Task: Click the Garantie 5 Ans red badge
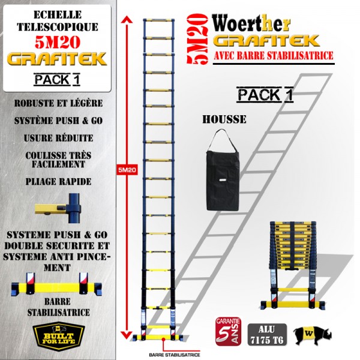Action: (228, 331)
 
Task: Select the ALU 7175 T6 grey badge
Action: (267, 334)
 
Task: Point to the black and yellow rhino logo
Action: (312, 335)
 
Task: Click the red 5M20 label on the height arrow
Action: (127, 170)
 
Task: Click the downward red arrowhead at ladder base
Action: (127, 335)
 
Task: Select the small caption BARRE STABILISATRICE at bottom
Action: (175, 355)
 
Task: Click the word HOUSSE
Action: (224, 119)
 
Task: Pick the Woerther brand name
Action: (251, 23)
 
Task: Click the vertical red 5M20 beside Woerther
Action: (197, 38)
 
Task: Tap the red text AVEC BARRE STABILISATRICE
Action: (274, 56)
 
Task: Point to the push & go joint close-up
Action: (58, 208)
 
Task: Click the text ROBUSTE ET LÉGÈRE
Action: (59, 103)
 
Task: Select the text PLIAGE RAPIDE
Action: (58, 182)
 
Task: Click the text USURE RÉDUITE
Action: (59, 138)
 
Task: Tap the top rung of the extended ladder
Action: (159, 20)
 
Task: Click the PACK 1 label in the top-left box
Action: (57, 80)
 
